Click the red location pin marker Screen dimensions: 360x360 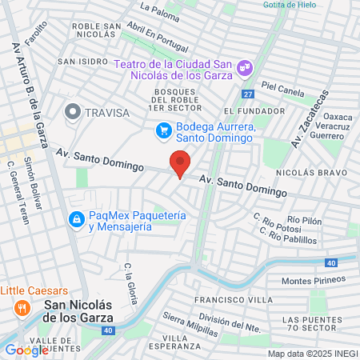coord(180,163)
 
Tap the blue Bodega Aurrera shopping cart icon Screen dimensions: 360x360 coord(163,130)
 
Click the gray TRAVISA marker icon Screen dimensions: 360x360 coord(74,113)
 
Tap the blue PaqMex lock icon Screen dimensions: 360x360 coord(76,218)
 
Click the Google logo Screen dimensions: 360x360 coord(26,350)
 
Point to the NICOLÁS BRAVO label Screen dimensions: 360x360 coord(311,172)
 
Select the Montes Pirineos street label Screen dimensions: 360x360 coord(313,281)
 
